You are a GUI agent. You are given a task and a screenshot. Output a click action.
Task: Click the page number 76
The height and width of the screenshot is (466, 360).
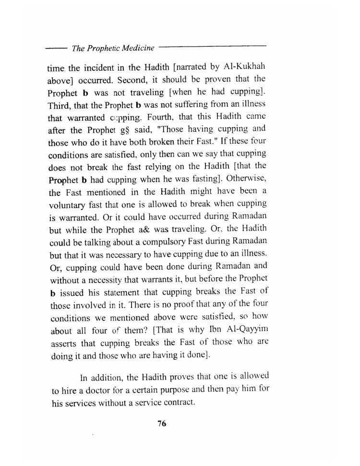point(161,423)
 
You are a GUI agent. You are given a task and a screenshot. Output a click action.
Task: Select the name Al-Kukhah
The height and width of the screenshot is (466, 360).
point(245,66)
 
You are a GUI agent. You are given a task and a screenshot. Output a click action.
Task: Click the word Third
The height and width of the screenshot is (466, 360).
point(60,105)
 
